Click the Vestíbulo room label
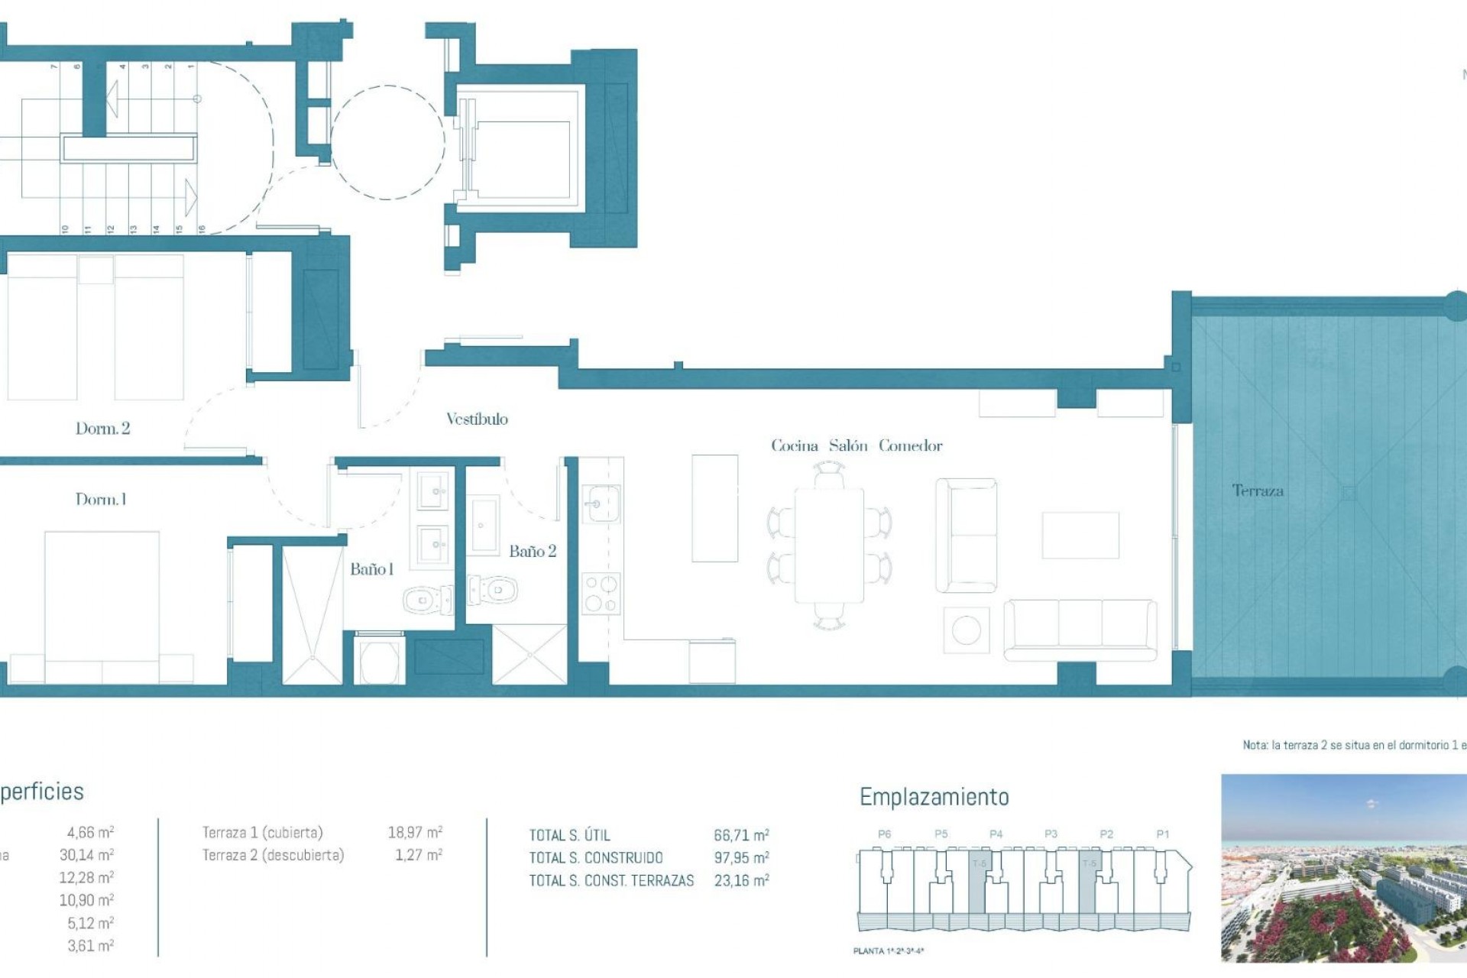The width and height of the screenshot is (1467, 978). pyautogui.click(x=477, y=419)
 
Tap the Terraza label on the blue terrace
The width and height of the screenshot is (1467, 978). pyautogui.click(x=1258, y=491)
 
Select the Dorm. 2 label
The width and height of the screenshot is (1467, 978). pyautogui.click(x=102, y=429)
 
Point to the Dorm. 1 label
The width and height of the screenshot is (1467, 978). pyautogui.click(x=101, y=500)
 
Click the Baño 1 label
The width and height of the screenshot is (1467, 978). pyautogui.click(x=371, y=569)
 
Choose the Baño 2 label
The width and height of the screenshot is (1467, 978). pyautogui.click(x=533, y=552)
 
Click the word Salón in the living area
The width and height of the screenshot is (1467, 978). pyautogui.click(x=848, y=445)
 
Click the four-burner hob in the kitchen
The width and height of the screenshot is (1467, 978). pyautogui.click(x=601, y=594)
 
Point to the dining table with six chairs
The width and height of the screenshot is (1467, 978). pyautogui.click(x=829, y=546)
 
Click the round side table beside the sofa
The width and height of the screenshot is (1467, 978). pyautogui.click(x=966, y=630)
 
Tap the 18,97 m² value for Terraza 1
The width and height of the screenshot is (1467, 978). pyautogui.click(x=415, y=832)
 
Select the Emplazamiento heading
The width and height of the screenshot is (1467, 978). pyautogui.click(x=934, y=797)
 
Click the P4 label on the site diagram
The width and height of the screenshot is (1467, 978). pyautogui.click(x=996, y=834)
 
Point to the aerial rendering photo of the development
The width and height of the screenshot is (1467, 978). pyautogui.click(x=1343, y=868)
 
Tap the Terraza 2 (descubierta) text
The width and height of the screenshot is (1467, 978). pyautogui.click(x=273, y=855)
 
